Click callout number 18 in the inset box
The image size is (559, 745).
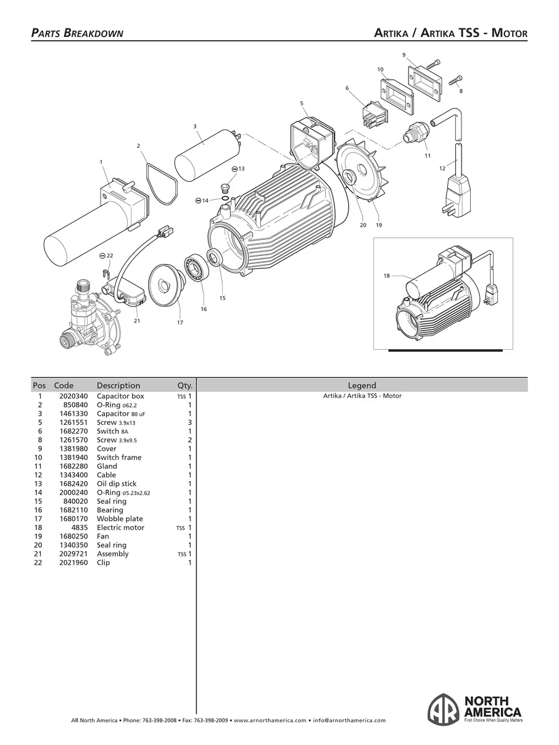click(x=386, y=276)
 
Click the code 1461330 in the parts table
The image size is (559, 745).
click(x=73, y=413)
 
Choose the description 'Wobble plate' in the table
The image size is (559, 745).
click(x=120, y=519)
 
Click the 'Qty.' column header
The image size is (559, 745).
click(x=184, y=385)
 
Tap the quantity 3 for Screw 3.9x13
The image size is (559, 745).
click(x=190, y=422)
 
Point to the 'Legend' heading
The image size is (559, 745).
click(x=362, y=385)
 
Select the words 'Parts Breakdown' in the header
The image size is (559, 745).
click(x=77, y=33)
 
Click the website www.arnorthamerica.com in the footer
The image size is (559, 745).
click(x=270, y=720)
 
